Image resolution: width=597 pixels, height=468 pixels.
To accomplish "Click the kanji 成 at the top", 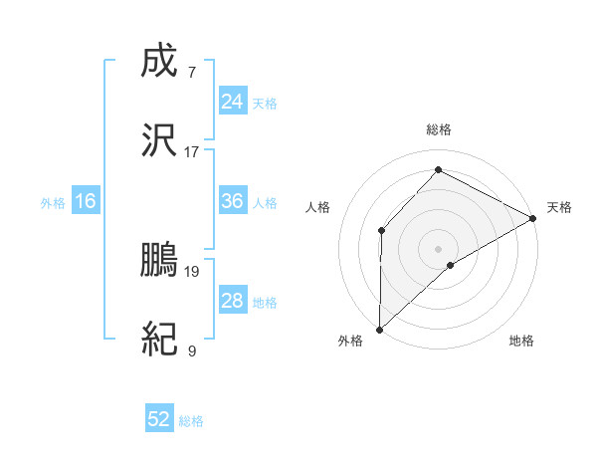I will click(159, 65).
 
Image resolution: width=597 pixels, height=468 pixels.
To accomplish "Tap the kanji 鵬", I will click(159, 262).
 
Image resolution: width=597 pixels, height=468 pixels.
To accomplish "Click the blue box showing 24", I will click(233, 102).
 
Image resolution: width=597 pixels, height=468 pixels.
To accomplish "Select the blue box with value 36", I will click(233, 202).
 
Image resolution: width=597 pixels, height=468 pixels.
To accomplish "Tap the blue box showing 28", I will click(233, 302).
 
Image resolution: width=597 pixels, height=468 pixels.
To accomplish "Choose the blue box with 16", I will click(86, 202).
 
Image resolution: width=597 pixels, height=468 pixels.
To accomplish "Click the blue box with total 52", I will click(159, 419).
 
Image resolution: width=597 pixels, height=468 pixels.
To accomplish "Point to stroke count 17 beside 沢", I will click(192, 151).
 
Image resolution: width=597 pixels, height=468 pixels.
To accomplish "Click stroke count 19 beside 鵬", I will click(192, 270).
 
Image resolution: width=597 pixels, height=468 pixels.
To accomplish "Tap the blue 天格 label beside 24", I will click(265, 103).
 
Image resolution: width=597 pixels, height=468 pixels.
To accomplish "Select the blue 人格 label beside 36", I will click(265, 203).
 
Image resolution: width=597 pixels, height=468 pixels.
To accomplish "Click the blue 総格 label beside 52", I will click(191, 421).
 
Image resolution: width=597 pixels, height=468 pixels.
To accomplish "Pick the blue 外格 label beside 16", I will click(53, 203).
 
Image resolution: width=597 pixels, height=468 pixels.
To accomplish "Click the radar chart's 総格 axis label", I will click(439, 129).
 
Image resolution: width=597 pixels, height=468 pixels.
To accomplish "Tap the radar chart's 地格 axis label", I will click(521, 341).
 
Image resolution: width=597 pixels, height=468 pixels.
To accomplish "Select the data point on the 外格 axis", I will click(379, 330).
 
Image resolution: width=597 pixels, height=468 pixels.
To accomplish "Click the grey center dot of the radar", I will click(439, 248).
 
